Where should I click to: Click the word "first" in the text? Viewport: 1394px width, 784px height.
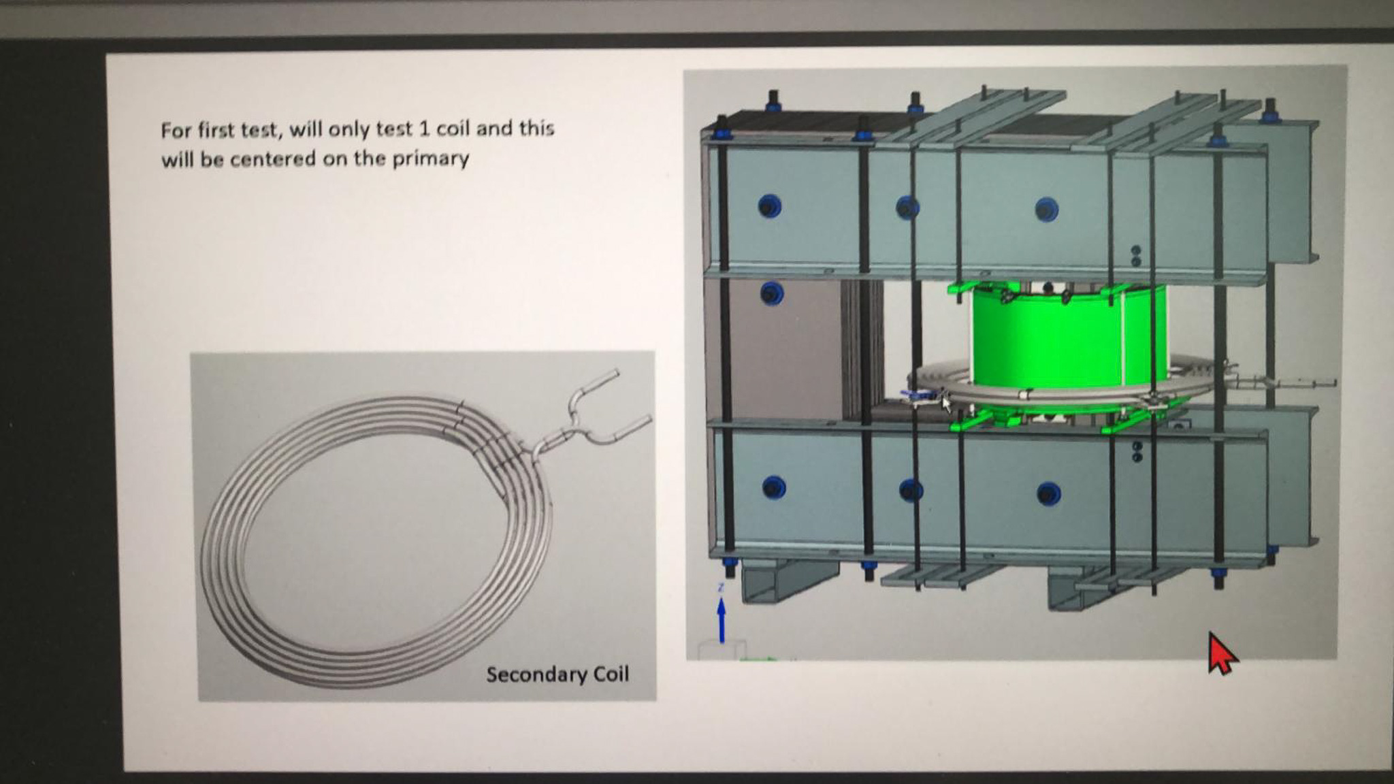coord(216,129)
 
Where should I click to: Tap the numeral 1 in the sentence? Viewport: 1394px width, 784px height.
coord(423,129)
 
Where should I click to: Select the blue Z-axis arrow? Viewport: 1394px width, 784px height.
coord(722,619)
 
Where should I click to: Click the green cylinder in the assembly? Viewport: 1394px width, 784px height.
coord(1069,340)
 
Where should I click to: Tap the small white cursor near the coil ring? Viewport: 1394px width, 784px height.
coord(946,403)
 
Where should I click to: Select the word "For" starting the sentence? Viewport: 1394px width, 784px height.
coord(176,130)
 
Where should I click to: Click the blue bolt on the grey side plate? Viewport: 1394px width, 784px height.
coord(771,294)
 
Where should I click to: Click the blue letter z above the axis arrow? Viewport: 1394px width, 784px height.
coord(720,587)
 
